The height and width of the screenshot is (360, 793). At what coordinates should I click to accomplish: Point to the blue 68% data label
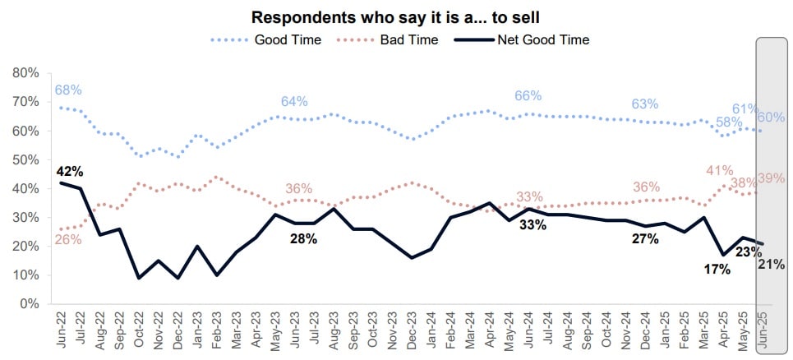(69, 90)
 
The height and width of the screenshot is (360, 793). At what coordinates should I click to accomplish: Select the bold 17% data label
(717, 269)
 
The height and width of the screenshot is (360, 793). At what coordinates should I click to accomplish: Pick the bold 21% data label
(772, 264)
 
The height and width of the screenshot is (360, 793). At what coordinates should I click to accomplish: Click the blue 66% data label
(528, 96)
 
